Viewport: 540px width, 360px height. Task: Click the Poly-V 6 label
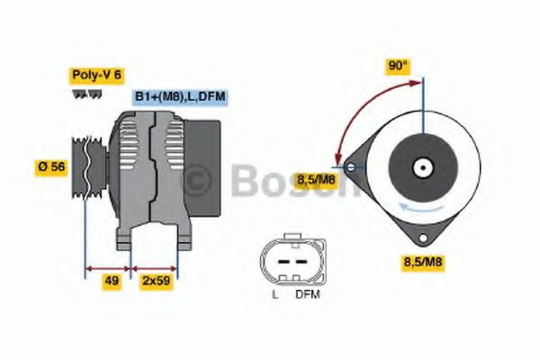pyautogui.click(x=97, y=76)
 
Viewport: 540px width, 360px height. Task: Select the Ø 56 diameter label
pyautogui.click(x=50, y=166)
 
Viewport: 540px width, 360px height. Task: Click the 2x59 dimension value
pyautogui.click(x=156, y=281)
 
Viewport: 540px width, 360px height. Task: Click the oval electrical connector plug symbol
pyautogui.click(x=289, y=262)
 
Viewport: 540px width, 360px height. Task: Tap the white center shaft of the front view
pyautogui.click(x=420, y=166)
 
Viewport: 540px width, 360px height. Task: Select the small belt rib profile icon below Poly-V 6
pyautogui.click(x=80, y=94)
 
